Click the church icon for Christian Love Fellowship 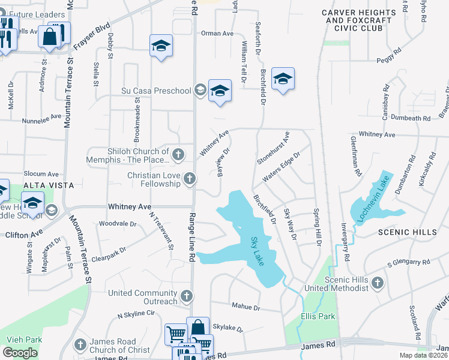pos(190,178)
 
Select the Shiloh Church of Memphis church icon pos(178,155)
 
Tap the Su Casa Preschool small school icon pos(200,91)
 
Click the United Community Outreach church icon pos(187,296)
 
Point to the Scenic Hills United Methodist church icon pos(377,283)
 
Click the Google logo pos(20,353)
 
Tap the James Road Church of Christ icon pos(80,344)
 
